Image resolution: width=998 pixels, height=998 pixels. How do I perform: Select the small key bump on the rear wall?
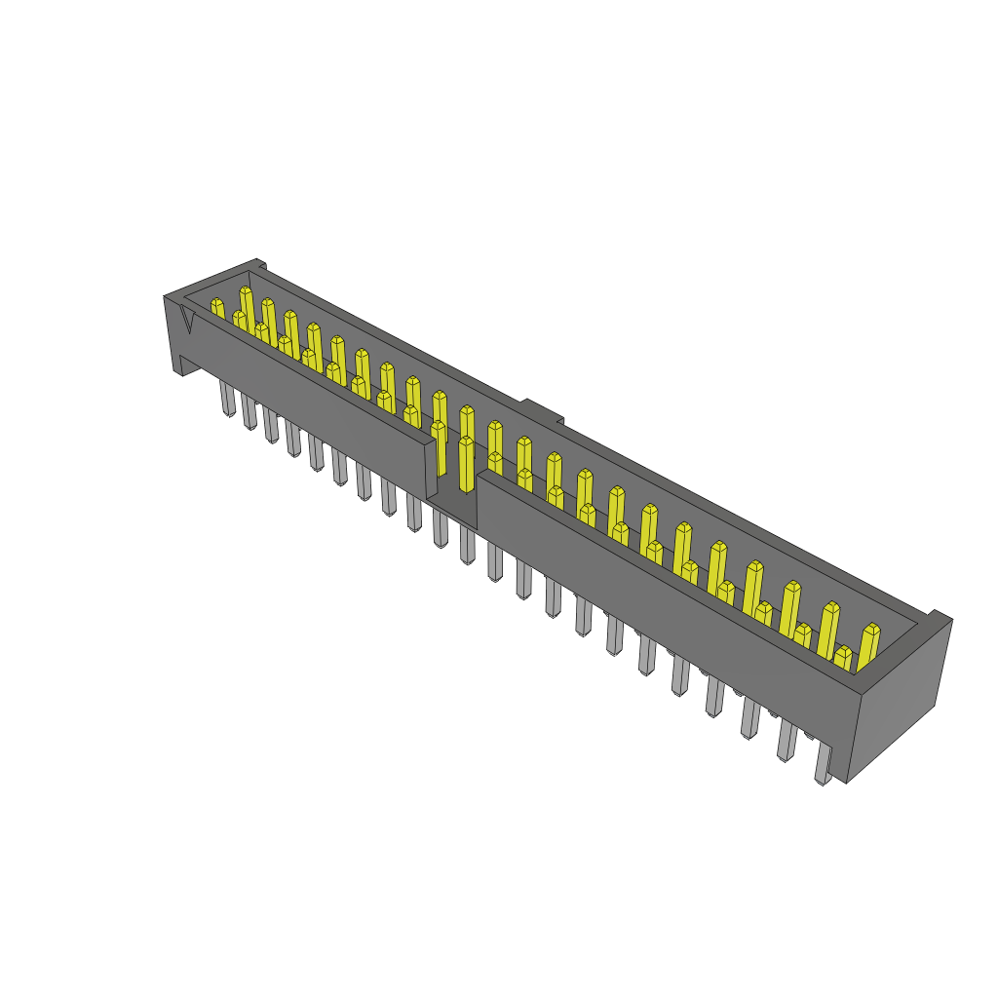(x=542, y=409)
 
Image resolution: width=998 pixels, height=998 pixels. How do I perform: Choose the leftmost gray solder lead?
(x=227, y=399)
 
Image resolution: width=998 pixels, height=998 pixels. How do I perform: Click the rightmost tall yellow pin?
(x=867, y=645)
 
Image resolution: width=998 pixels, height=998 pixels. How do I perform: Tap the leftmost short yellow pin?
(x=217, y=309)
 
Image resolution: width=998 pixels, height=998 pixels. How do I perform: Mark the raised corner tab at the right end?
(x=939, y=616)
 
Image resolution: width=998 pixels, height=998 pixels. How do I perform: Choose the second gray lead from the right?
(x=786, y=741)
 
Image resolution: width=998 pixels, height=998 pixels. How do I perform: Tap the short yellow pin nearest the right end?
(x=843, y=658)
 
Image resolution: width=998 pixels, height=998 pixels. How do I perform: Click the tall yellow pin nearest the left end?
(x=248, y=307)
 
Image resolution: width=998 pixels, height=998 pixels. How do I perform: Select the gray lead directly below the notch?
(x=468, y=546)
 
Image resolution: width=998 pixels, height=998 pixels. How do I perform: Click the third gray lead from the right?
(x=749, y=719)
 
